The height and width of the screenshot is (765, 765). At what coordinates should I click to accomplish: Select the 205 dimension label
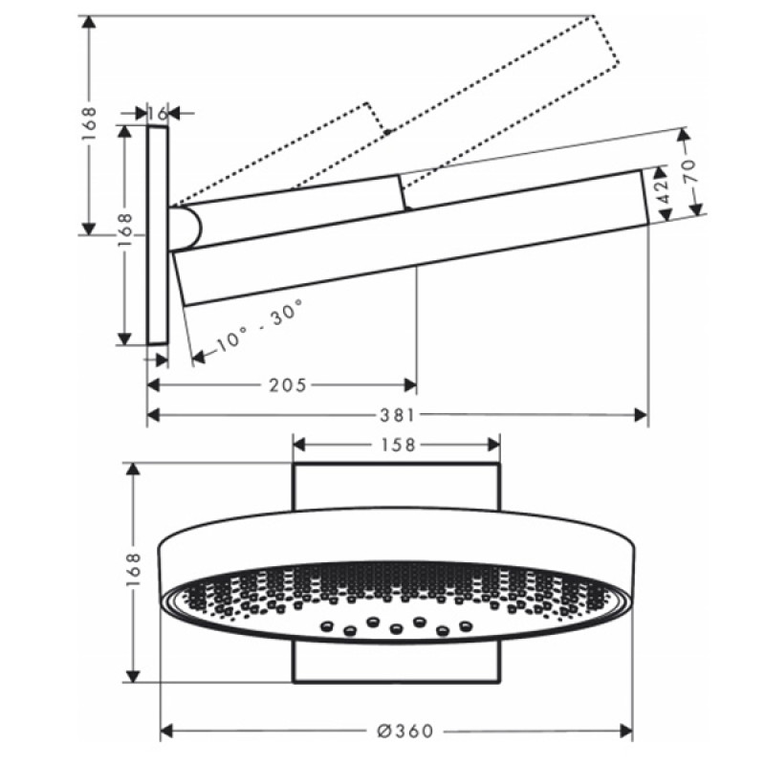(x=287, y=385)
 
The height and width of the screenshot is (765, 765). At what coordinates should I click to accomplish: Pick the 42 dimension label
(x=660, y=195)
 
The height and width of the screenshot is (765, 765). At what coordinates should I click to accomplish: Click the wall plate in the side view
(x=158, y=234)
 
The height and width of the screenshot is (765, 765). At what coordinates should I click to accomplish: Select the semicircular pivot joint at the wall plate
(x=188, y=228)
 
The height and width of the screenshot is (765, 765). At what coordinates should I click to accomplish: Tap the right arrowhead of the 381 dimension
(x=642, y=415)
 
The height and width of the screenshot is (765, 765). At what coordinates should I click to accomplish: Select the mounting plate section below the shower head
(x=396, y=663)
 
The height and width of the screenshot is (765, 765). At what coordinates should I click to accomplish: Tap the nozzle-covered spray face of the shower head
(x=396, y=602)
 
